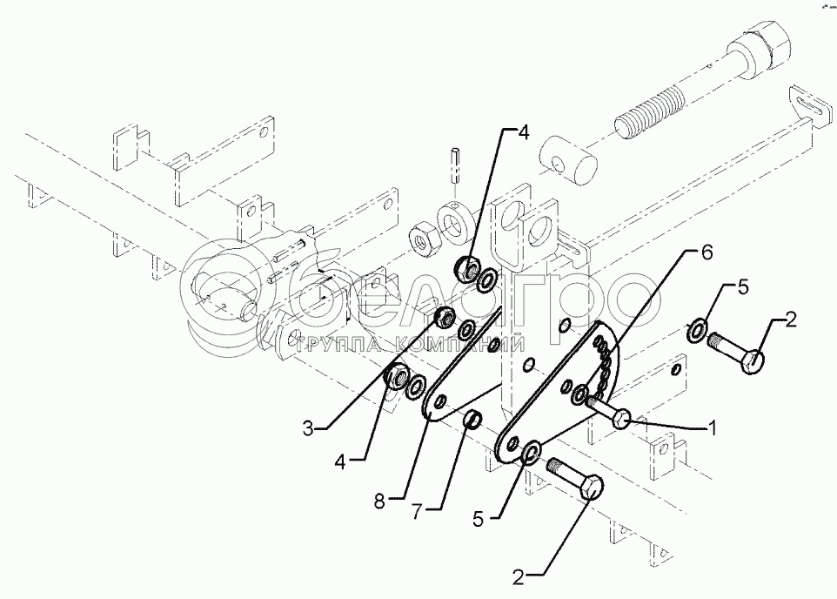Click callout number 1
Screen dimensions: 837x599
(x=712, y=427)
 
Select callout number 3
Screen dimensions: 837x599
(x=308, y=427)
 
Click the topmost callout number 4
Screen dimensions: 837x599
(x=523, y=133)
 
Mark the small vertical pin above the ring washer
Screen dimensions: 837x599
(x=455, y=164)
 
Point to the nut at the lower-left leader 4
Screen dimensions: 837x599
(x=395, y=378)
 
